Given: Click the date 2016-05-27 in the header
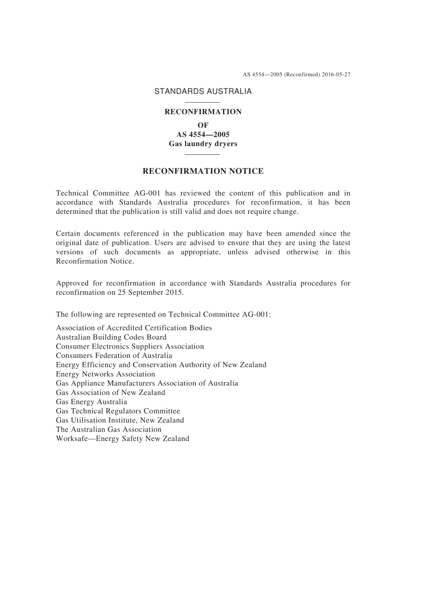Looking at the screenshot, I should pos(336,75).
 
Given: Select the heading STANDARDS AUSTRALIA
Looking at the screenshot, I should pos(203,92).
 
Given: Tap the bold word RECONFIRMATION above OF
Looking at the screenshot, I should pos(203,112).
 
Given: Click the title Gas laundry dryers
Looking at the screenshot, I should pos(203,144).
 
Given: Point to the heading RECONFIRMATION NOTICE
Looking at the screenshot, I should pos(203,171).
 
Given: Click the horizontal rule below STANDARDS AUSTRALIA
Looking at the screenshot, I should pos(202,102).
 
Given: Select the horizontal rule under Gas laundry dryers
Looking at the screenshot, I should pos(202,154).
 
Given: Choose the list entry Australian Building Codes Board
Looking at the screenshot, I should pos(111,337).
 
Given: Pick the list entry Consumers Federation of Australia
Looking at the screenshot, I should pos(114,356).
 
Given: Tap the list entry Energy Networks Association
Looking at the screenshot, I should pos(105,374).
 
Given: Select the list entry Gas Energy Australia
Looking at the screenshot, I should pos(92,402).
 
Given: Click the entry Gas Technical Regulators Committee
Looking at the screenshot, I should pos(118,411).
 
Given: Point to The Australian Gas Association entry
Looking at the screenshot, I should pos(108,429).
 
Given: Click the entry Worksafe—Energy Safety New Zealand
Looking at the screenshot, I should pos(123,439).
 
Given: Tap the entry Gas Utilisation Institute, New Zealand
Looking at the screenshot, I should pos(120,421).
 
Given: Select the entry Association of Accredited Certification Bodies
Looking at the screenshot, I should pos(134,328).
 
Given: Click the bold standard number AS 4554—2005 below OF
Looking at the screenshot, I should pos(203,135).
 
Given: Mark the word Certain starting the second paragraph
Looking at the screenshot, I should pos(69,234).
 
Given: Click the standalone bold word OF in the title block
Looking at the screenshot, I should pos(203,125).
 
